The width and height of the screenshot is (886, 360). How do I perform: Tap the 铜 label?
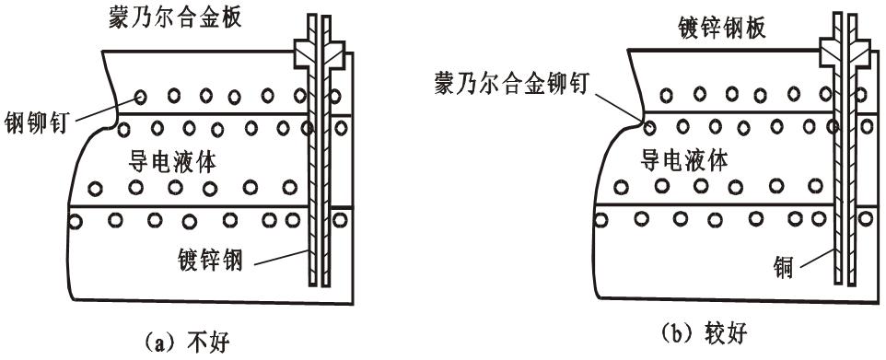pyautogui.click(x=781, y=268)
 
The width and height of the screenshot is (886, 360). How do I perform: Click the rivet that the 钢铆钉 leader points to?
pyautogui.click(x=140, y=96)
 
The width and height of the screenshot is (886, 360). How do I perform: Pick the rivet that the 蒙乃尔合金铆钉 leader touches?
pyautogui.click(x=648, y=126)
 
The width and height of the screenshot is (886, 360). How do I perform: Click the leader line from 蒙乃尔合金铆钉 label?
pyautogui.click(x=619, y=107)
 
